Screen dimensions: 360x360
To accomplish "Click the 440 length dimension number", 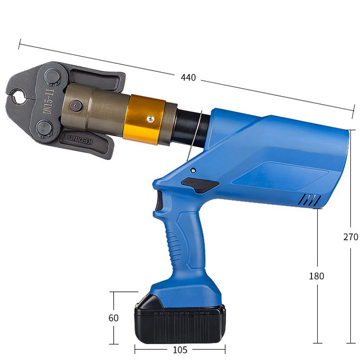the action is coord(188,78).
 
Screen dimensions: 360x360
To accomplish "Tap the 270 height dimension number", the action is coord(351,237).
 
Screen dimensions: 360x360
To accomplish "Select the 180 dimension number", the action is coord(317,276).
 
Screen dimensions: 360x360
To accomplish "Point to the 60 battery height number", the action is coord(113,318).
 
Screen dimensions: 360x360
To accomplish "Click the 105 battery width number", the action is coord(180,349).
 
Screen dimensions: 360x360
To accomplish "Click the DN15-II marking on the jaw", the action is coord(48,102).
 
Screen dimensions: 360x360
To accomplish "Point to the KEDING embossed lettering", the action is coord(80,140).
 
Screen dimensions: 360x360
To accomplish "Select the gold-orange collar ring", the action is coord(144,120).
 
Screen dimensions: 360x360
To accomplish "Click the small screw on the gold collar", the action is coord(151,119).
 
